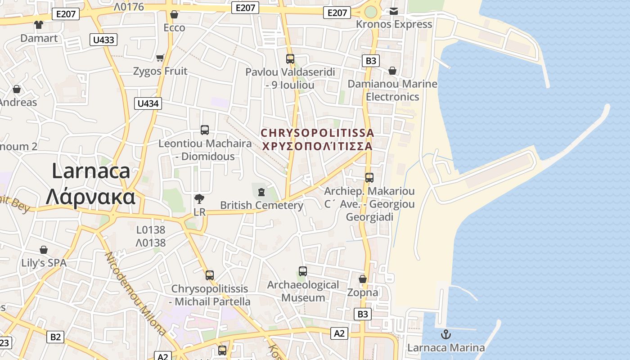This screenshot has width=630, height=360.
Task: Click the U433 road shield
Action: (103, 40)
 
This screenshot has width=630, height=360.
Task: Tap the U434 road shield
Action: (148, 103)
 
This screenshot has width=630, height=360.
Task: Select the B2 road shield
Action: (55, 337)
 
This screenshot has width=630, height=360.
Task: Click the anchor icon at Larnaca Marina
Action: (445, 334)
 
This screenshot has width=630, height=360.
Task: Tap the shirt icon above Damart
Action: (39, 25)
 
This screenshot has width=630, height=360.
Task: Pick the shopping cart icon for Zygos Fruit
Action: (160, 58)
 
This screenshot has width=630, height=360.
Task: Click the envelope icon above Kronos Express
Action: (394, 11)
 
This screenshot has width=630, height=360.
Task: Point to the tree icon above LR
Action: (199, 198)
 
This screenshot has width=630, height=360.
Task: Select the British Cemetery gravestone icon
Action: (261, 192)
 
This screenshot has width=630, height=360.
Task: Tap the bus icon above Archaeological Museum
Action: (303, 271)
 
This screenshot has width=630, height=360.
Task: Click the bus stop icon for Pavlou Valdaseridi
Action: (290, 58)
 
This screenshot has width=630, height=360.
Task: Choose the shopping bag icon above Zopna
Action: (363, 279)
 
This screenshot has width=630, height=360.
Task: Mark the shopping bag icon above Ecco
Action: (174, 15)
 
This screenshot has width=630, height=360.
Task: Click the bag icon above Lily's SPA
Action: (44, 250)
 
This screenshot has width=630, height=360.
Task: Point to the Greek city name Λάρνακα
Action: (91, 197)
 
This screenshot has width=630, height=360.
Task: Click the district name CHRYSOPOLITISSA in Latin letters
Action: (317, 133)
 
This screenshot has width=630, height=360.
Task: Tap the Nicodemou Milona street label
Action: (135, 293)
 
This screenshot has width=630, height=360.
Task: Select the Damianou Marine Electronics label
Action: (392, 90)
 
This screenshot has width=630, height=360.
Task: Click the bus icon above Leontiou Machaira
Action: (205, 130)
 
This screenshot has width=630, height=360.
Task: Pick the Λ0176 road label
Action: (129, 7)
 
